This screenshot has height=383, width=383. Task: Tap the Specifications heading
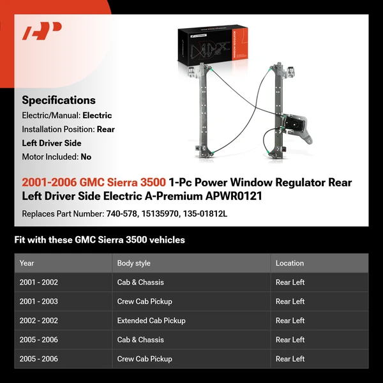tap(59, 100)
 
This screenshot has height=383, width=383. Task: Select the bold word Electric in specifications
tap(97, 116)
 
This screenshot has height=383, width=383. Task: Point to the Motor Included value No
tap(86, 156)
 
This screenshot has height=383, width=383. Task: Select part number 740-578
tap(121, 213)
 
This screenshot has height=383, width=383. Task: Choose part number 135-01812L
tap(206, 213)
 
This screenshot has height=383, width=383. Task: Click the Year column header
tap(27, 263)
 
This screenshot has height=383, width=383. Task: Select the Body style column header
tap(134, 263)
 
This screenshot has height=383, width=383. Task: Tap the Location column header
tap(290, 263)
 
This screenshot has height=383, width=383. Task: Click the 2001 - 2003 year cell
tap(39, 301)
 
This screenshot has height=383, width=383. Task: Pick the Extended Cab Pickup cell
tap(151, 320)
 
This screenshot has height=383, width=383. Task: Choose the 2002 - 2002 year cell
tap(39, 320)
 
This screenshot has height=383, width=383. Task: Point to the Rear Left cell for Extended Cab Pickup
tap(290, 320)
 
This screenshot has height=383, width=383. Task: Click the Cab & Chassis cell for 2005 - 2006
tap(140, 340)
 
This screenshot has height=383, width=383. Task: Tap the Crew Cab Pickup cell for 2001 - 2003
tap(144, 301)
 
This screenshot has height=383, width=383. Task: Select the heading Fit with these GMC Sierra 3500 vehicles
tap(100, 240)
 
